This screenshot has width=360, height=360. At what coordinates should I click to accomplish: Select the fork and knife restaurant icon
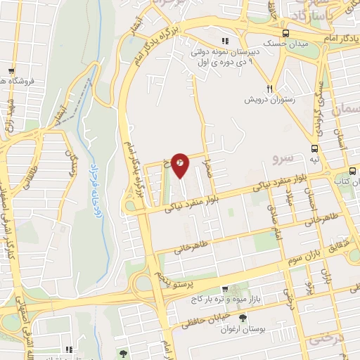tap(269, 89)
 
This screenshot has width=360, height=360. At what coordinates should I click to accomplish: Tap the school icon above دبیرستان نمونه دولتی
tap(225, 41)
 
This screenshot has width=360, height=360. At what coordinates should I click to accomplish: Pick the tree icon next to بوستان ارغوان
tap(244, 320)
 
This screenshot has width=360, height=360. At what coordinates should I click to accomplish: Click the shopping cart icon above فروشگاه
tap(11, 71)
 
